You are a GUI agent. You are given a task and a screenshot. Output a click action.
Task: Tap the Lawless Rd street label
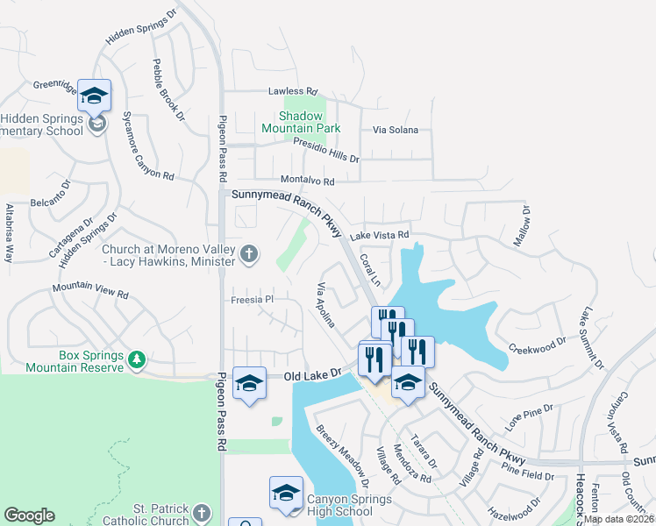click(292, 91)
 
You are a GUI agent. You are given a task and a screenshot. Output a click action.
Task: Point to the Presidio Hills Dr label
click(326, 151)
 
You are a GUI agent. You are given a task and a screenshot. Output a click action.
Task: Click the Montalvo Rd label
click(305, 181)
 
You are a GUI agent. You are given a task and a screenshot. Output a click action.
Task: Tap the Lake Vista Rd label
click(380, 235)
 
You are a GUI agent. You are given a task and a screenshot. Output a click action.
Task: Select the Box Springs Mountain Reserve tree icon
click(136, 359)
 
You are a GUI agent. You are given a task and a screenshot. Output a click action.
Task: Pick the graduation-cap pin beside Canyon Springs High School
click(286, 494)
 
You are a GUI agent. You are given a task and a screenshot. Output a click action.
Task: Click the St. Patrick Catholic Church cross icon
click(202, 513)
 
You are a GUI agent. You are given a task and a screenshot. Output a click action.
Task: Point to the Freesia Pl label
click(253, 299)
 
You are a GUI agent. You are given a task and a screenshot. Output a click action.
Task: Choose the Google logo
click(30, 515)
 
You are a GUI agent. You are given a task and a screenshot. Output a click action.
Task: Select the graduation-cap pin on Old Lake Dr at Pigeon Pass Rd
click(249, 383)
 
